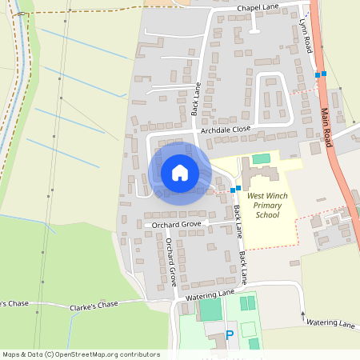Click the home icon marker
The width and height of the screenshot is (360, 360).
[x=179, y=172]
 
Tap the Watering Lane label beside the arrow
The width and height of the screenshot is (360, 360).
[x=330, y=323]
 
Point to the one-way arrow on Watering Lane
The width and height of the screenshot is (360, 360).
[x=302, y=315]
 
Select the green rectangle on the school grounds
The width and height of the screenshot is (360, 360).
[x=262, y=159]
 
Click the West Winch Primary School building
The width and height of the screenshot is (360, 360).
[x=261, y=174]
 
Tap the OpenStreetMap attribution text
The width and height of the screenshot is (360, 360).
[x=80, y=354]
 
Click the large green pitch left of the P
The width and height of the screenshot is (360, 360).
[x=210, y=309]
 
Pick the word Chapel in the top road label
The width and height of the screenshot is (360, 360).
[x=251, y=8]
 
